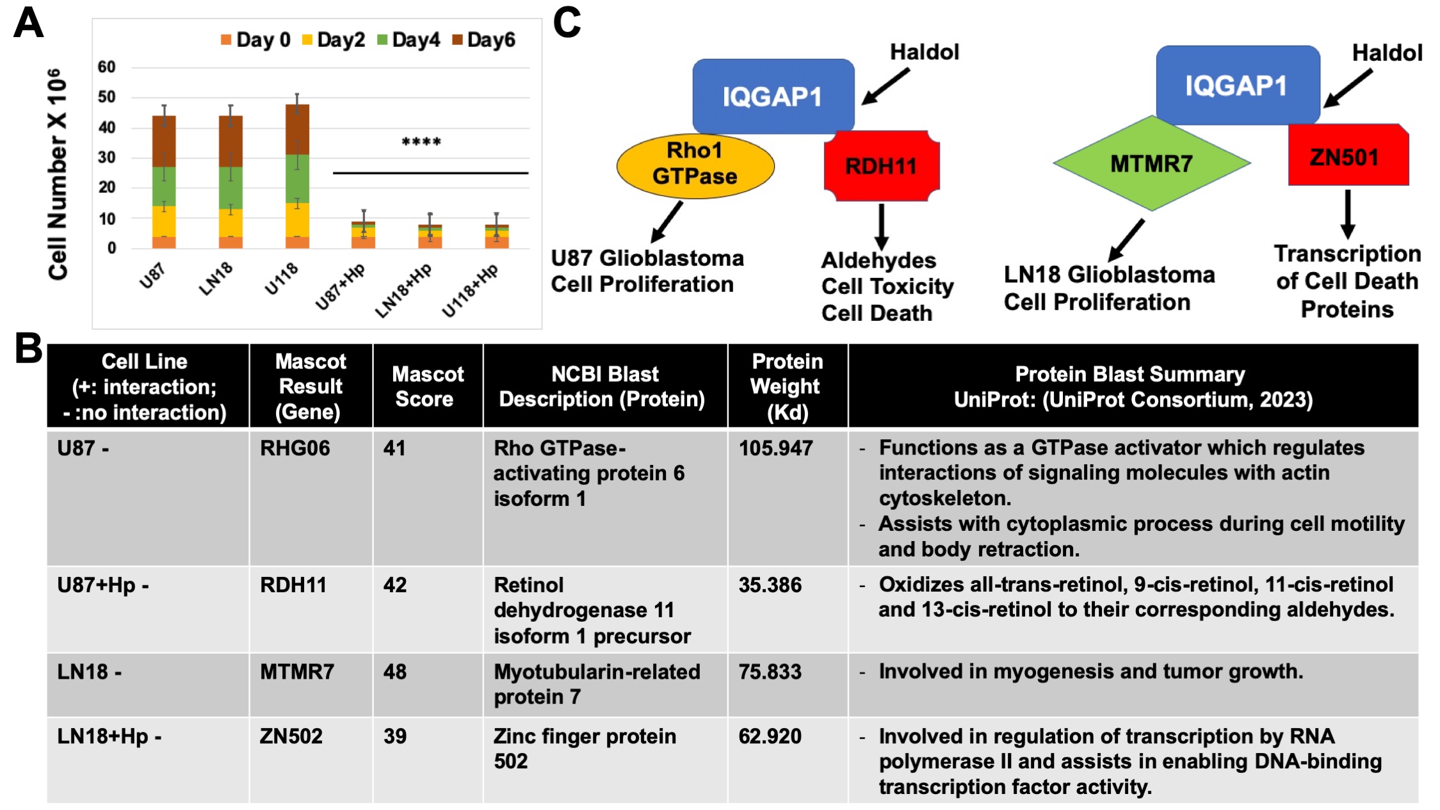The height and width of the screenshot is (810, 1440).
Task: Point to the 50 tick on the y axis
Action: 106,97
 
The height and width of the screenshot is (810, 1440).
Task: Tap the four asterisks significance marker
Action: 421,142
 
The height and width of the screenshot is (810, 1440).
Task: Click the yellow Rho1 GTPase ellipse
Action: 695,165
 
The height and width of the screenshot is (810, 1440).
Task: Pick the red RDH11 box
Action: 882,166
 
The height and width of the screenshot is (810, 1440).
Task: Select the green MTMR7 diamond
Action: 1151,163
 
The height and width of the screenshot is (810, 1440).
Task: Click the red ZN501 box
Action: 1348,156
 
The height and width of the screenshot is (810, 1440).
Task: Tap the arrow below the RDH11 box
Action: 881,226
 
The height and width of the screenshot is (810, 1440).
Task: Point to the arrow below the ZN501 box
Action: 1347,214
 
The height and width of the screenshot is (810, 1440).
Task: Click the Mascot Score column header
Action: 427,386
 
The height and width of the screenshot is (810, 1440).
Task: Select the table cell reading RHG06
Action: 295,448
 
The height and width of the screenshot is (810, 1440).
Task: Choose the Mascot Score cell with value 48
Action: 395,672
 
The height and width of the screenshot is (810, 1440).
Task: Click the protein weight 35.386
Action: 770,585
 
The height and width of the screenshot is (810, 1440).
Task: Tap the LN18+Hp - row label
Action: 109,736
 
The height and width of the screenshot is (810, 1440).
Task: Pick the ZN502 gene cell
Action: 291,736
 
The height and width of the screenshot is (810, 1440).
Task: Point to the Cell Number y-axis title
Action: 57,174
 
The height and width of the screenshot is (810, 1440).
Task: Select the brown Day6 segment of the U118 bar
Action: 297,129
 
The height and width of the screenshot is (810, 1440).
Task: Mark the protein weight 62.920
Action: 770,736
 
